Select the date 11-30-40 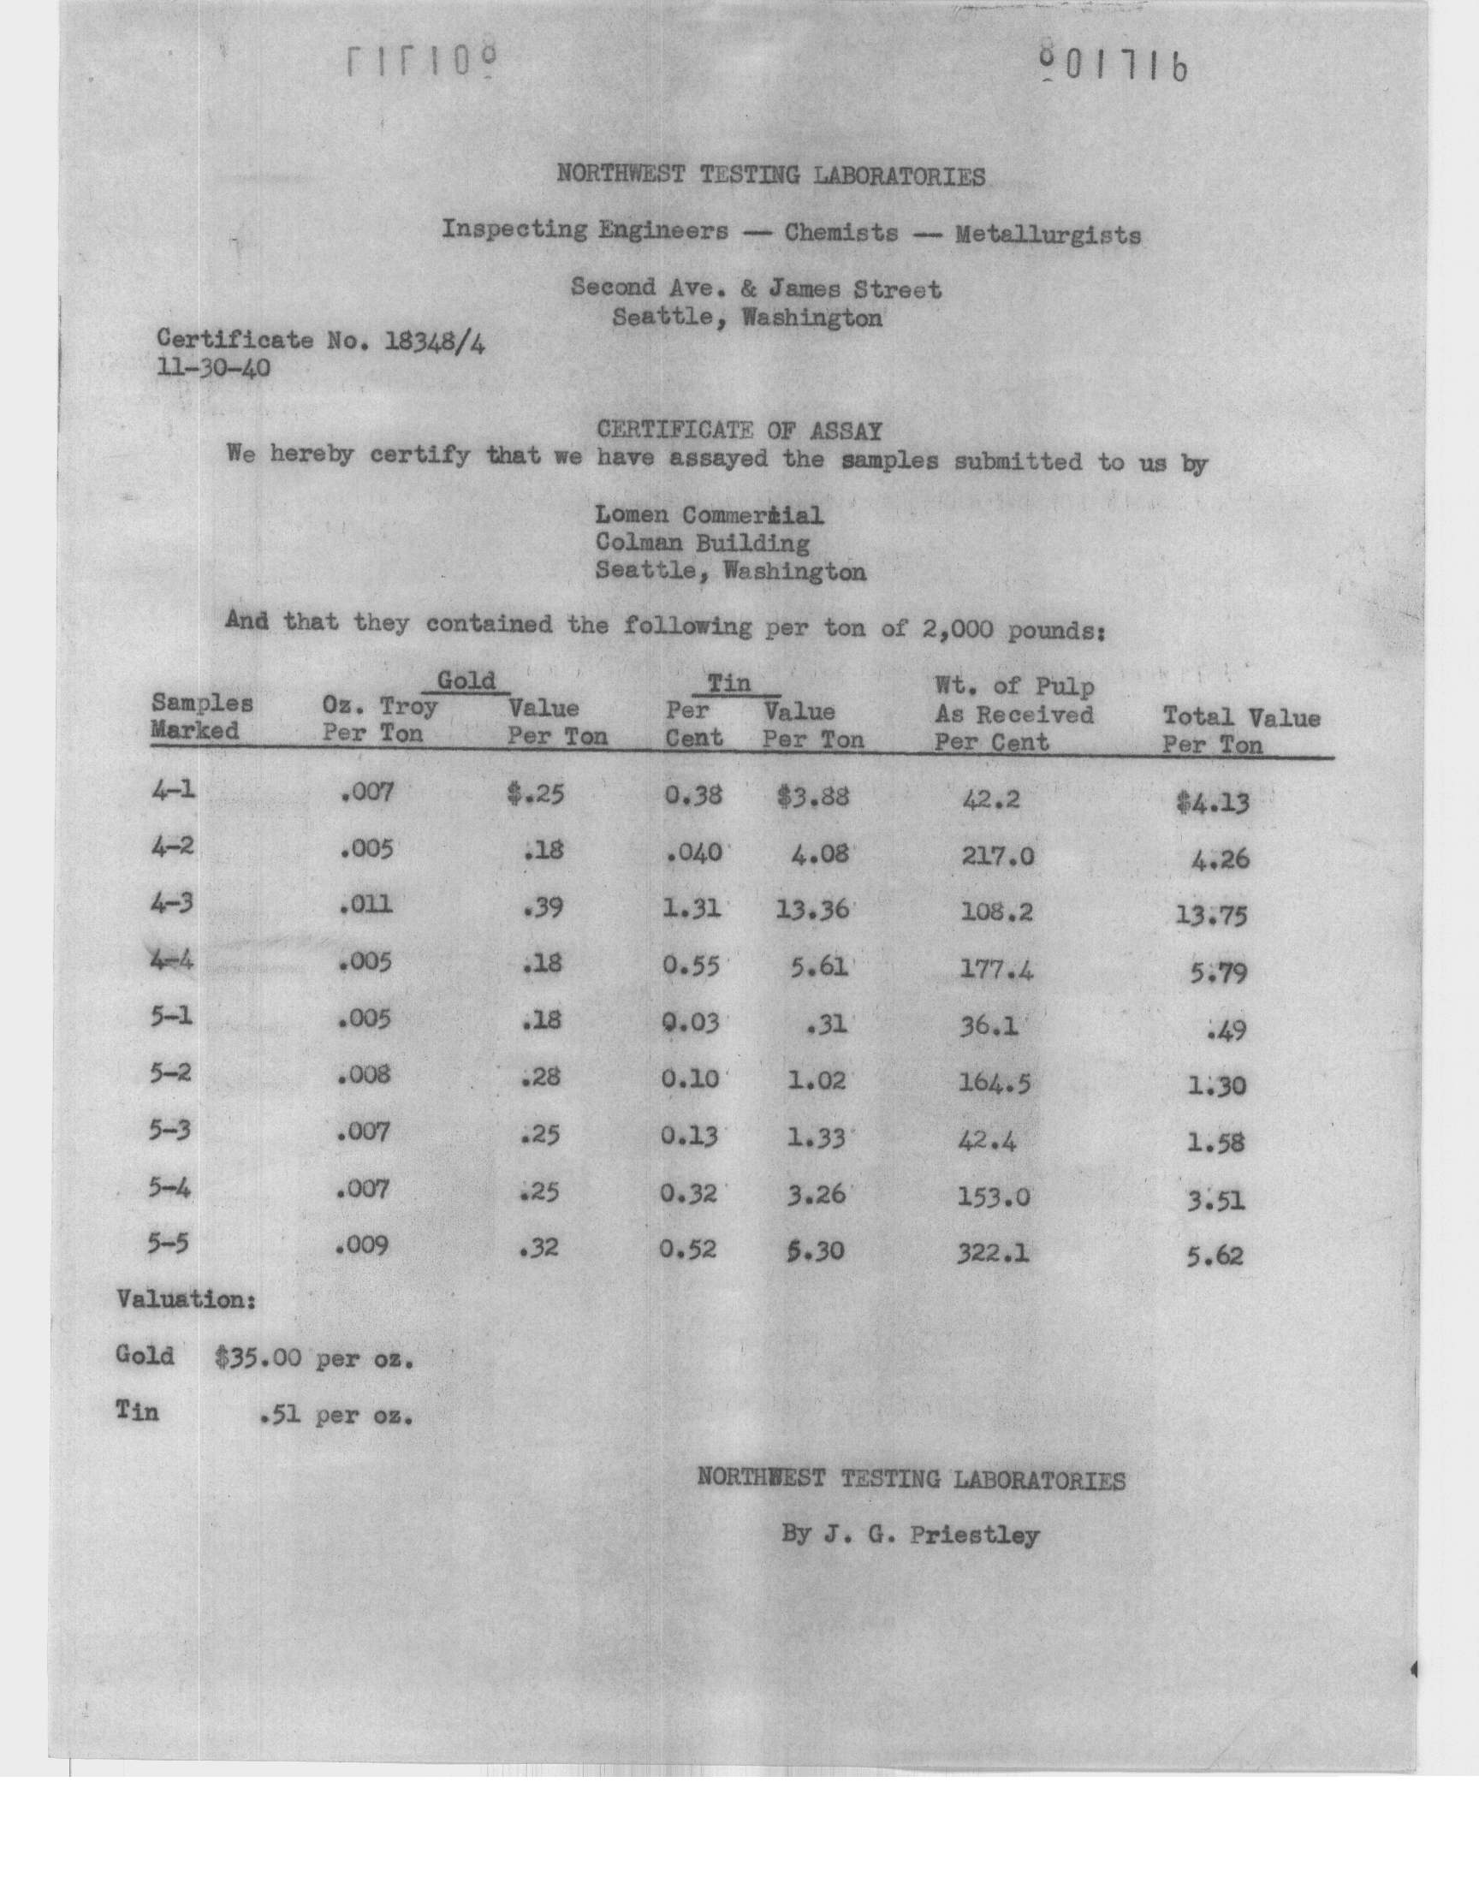pyautogui.click(x=213, y=370)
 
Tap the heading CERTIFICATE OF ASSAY pyautogui.click(x=739, y=430)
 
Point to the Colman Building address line pyautogui.click(x=702, y=544)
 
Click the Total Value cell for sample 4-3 pyautogui.click(x=1211, y=915)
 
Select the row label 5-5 pyautogui.click(x=168, y=1244)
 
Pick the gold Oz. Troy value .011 pyautogui.click(x=365, y=906)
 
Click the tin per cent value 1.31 pyautogui.click(x=692, y=909)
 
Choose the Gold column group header pyautogui.click(x=466, y=680)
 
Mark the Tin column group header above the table pyautogui.click(x=729, y=683)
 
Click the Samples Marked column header pyautogui.click(x=202, y=717)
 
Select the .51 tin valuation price pyautogui.click(x=280, y=1417)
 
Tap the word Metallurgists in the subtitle pyautogui.click(x=1048, y=235)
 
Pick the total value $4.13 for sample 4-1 pyautogui.click(x=1211, y=804)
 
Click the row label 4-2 pyautogui.click(x=171, y=847)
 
